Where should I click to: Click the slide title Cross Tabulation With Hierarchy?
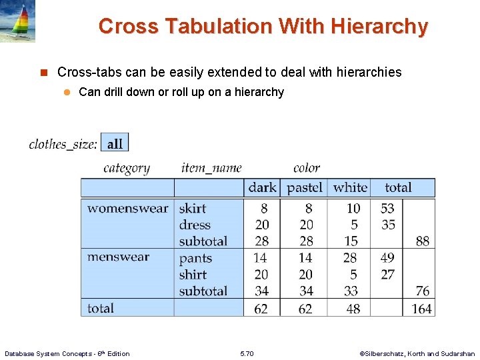[x=263, y=27]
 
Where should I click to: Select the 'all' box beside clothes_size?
[x=115, y=143]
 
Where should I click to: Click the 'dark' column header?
[x=262, y=188]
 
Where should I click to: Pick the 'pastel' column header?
[x=304, y=188]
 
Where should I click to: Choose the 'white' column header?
[x=350, y=188]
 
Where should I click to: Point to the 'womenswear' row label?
[x=127, y=209]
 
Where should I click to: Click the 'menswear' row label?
[x=118, y=257]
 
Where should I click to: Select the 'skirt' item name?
[x=192, y=209]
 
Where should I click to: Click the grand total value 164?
[x=421, y=309]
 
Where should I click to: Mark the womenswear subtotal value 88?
[x=423, y=241]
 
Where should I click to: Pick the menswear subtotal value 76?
[x=423, y=291]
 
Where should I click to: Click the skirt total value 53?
[x=387, y=209]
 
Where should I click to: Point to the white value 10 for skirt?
[x=353, y=209]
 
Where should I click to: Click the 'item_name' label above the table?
[x=211, y=168]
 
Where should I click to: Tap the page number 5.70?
[x=247, y=353]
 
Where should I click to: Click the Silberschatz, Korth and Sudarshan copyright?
[x=417, y=353]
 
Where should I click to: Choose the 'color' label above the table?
[x=307, y=168]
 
